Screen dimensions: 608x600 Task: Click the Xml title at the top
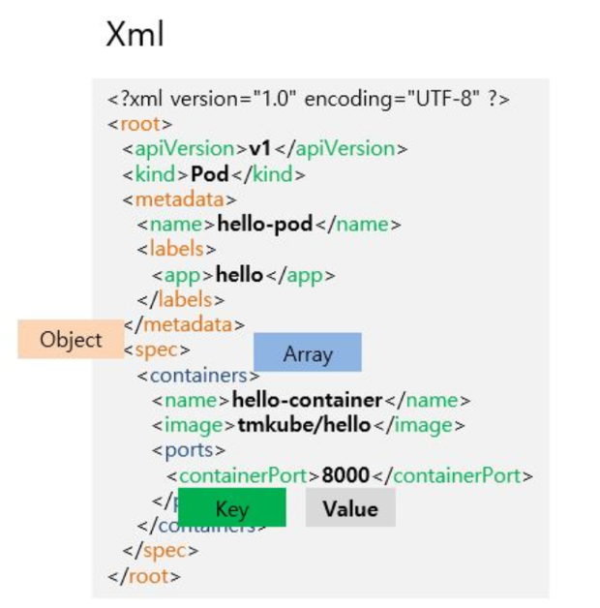[x=135, y=36]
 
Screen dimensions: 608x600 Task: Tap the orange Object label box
[x=70, y=340]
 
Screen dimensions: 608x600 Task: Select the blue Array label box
[x=307, y=353]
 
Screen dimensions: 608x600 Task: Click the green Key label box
[x=231, y=508]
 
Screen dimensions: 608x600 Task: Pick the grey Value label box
[x=350, y=508]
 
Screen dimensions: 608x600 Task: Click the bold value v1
[x=259, y=149]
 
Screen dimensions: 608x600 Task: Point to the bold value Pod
[x=209, y=174]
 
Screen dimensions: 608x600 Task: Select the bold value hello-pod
[x=265, y=225]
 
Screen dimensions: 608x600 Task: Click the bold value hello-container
[x=308, y=400]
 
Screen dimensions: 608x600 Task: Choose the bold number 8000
[x=345, y=475]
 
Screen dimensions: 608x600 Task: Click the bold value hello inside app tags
[x=239, y=275]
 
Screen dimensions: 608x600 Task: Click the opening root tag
[x=140, y=124]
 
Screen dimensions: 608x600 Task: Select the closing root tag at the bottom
[x=144, y=576]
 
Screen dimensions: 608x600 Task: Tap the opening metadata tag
[x=179, y=199]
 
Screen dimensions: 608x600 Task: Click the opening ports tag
[x=189, y=450]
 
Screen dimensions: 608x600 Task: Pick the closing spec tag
[x=161, y=551]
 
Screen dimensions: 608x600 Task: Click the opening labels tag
[x=177, y=250]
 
